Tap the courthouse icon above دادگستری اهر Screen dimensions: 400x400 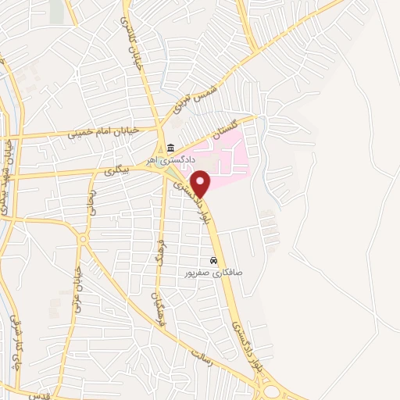pos(170,149)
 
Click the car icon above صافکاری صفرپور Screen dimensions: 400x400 pos(213,261)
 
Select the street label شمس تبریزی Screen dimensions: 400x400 pos(195,97)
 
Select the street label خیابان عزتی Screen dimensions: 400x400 pos(79,290)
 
